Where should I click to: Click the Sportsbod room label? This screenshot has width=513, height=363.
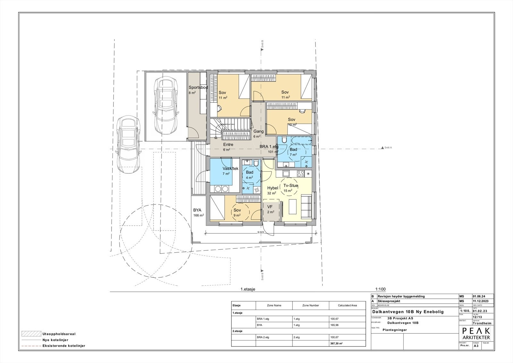point(198,88)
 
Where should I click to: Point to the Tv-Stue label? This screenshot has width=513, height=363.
point(291,186)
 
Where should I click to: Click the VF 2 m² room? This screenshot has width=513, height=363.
point(271,210)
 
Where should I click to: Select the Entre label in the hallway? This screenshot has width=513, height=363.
point(228,145)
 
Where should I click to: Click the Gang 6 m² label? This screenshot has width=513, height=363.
point(258,132)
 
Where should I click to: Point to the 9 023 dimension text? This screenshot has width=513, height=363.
point(260,232)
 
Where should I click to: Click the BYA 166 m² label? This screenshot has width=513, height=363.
point(198,212)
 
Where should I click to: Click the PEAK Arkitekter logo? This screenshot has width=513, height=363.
point(476,334)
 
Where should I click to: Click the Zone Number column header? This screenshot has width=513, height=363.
point(311,305)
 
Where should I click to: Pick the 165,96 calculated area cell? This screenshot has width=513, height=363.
point(334,325)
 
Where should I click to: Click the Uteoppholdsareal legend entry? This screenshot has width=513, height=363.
point(58,334)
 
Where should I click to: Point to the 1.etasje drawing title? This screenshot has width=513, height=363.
point(248,289)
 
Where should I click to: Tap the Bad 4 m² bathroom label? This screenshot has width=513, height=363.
point(249,175)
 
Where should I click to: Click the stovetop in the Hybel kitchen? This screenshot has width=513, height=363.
point(300,174)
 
